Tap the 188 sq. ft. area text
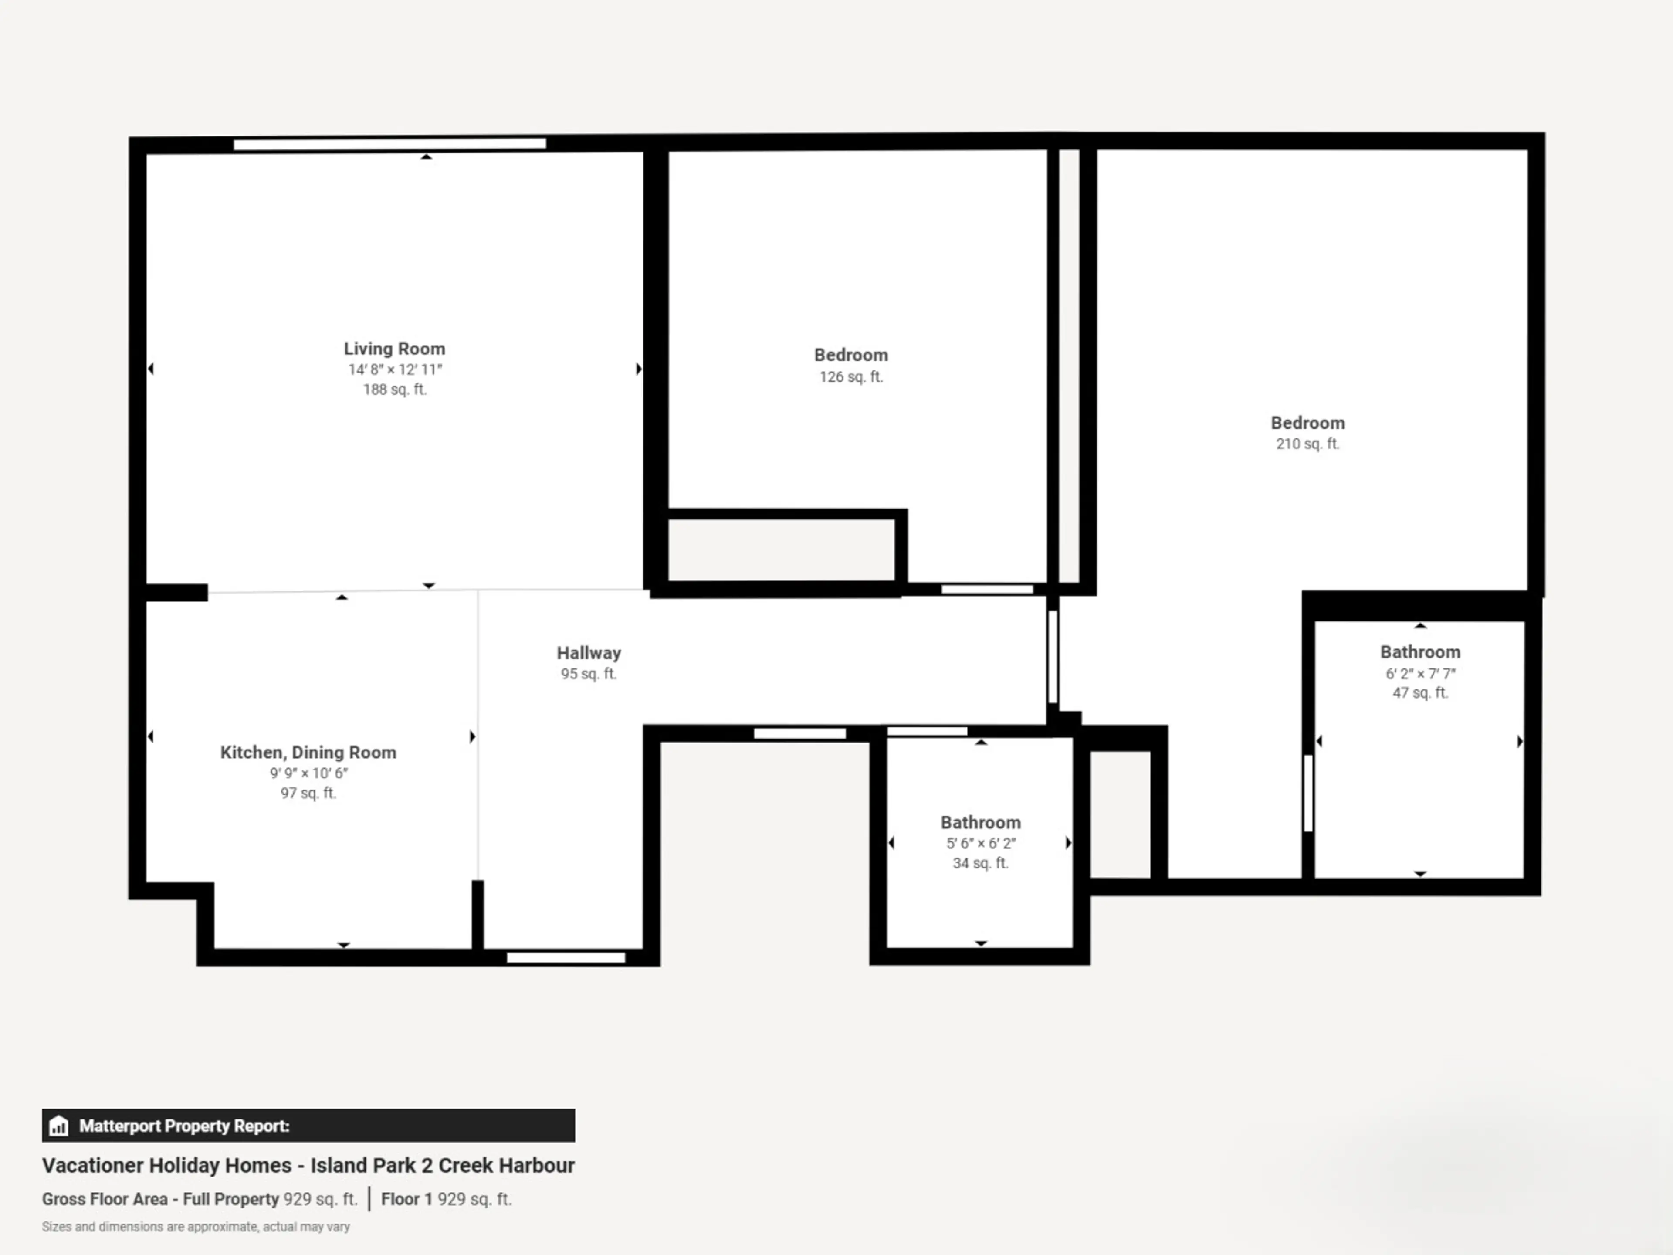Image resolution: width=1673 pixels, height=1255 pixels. [395, 390]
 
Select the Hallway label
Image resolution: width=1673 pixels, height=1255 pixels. [589, 653]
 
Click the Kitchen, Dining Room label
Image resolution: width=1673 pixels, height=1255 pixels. [308, 753]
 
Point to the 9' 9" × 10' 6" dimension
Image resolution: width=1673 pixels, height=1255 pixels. [308, 773]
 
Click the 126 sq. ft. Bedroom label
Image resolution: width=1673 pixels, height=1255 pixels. [851, 355]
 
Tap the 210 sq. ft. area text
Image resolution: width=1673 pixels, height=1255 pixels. [1308, 444]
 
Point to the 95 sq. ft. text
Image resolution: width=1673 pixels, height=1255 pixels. [589, 674]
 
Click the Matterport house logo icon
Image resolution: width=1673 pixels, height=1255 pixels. [59, 1126]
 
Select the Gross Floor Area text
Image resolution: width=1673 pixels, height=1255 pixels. [105, 1199]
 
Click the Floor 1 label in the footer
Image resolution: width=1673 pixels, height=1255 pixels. [406, 1199]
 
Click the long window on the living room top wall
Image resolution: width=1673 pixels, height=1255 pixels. [389, 144]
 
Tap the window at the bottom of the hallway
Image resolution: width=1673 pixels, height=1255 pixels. [566, 958]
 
